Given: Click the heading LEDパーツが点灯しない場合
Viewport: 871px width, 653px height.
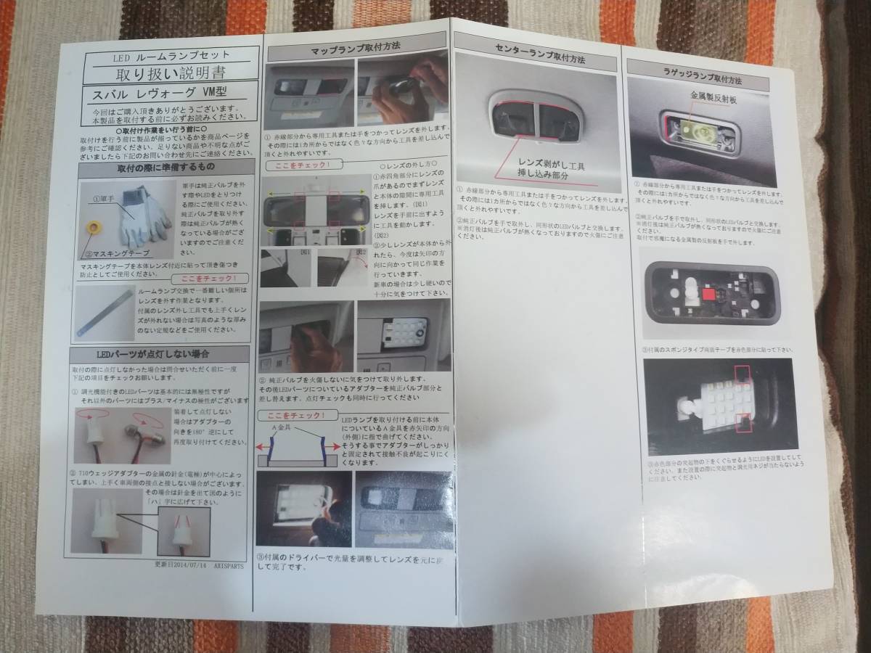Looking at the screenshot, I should [158, 354].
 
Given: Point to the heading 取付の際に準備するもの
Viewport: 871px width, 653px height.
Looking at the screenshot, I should [163, 168].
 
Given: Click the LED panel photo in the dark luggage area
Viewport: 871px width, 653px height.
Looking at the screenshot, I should [719, 404].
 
